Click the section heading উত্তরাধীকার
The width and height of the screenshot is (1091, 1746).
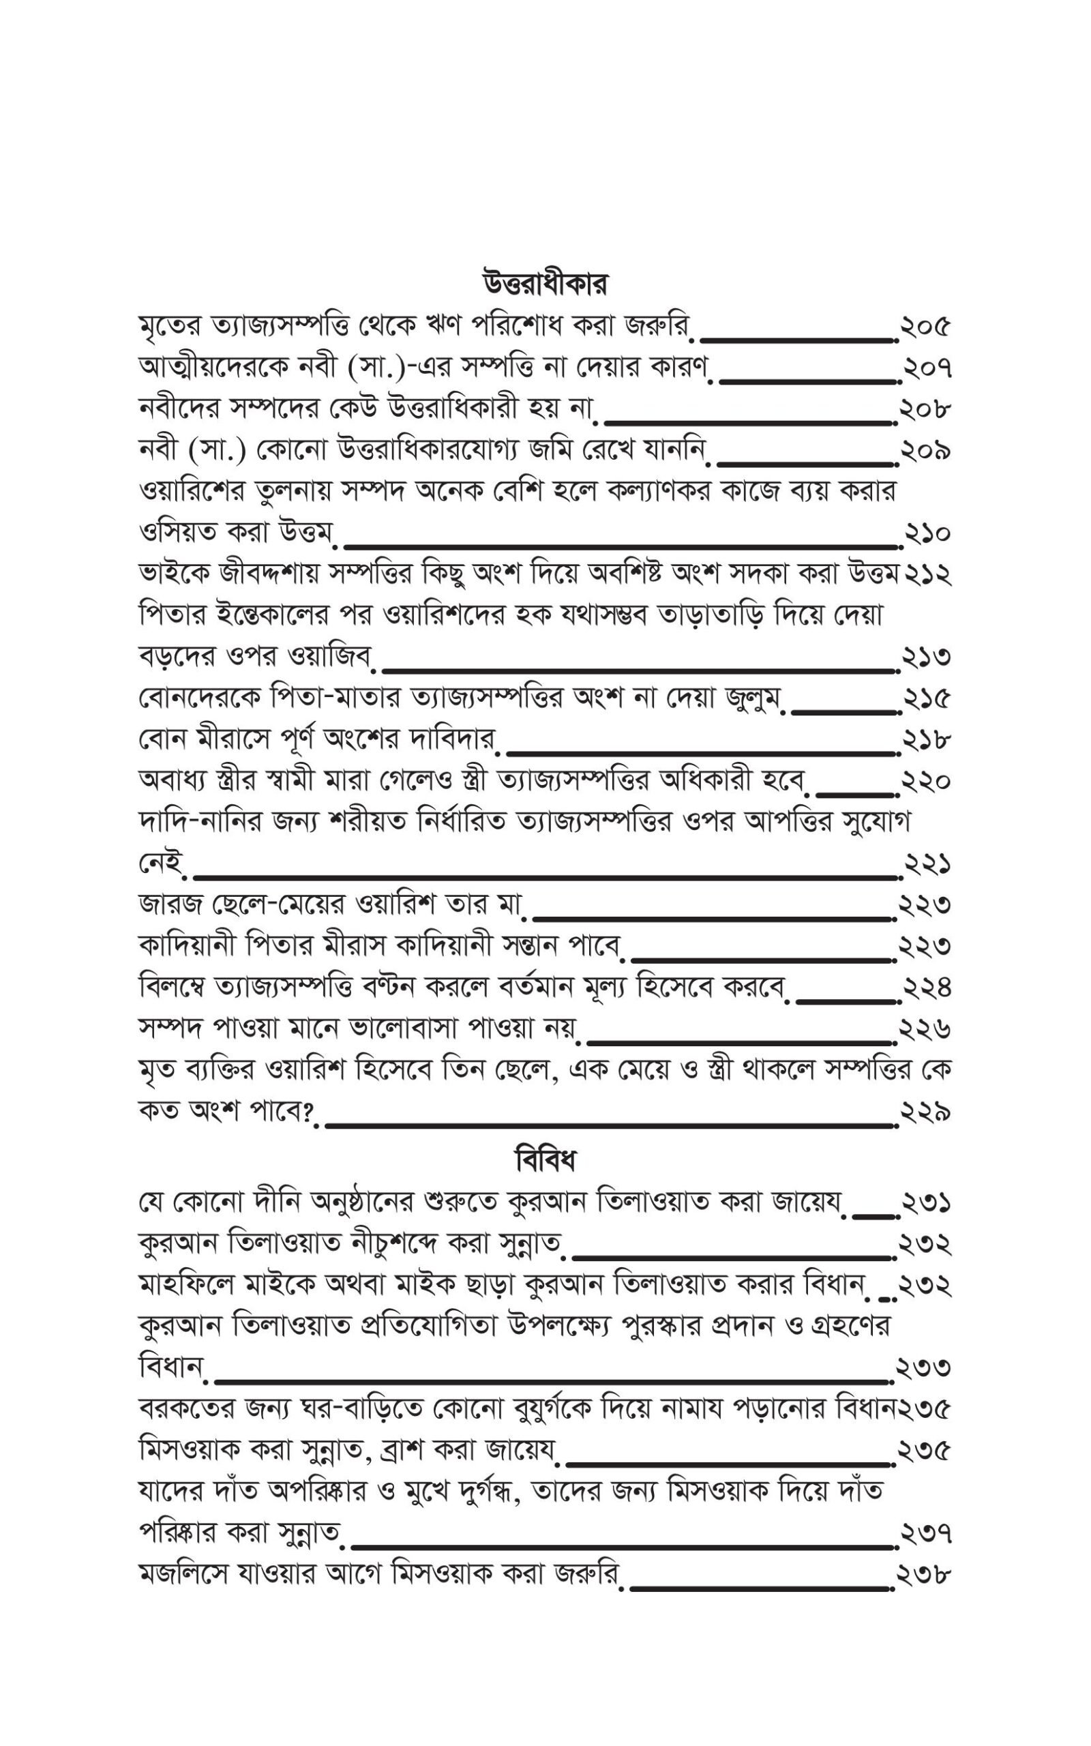coord(545,284)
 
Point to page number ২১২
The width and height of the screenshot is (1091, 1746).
coord(927,574)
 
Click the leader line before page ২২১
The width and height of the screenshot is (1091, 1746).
coord(545,877)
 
